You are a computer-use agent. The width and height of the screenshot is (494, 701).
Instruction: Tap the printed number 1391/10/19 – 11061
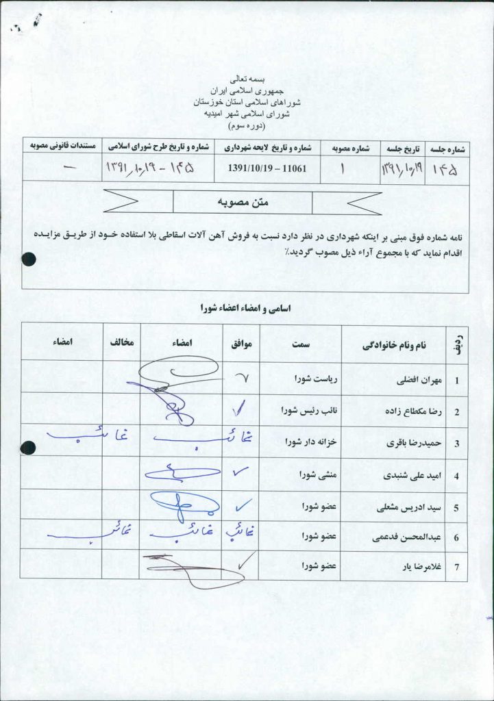pos(267,167)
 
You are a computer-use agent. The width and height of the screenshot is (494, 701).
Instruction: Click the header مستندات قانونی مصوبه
pos(62,146)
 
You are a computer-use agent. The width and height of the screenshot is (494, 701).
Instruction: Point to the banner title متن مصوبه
pos(243,203)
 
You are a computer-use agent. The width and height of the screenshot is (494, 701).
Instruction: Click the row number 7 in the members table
pos(456,568)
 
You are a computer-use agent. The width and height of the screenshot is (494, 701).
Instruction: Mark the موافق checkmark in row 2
pos(240,409)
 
